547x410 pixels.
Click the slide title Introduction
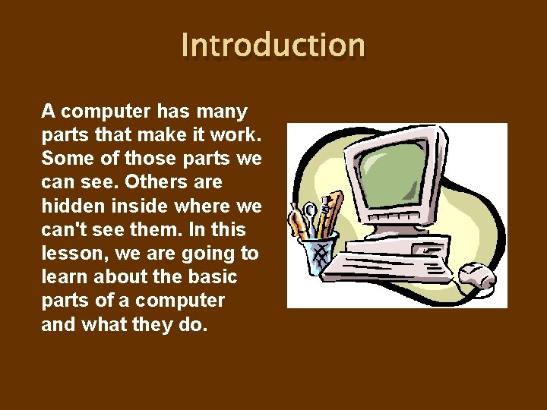coord(273,45)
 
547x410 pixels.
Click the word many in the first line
coord(224,112)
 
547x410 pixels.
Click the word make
coord(152,135)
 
